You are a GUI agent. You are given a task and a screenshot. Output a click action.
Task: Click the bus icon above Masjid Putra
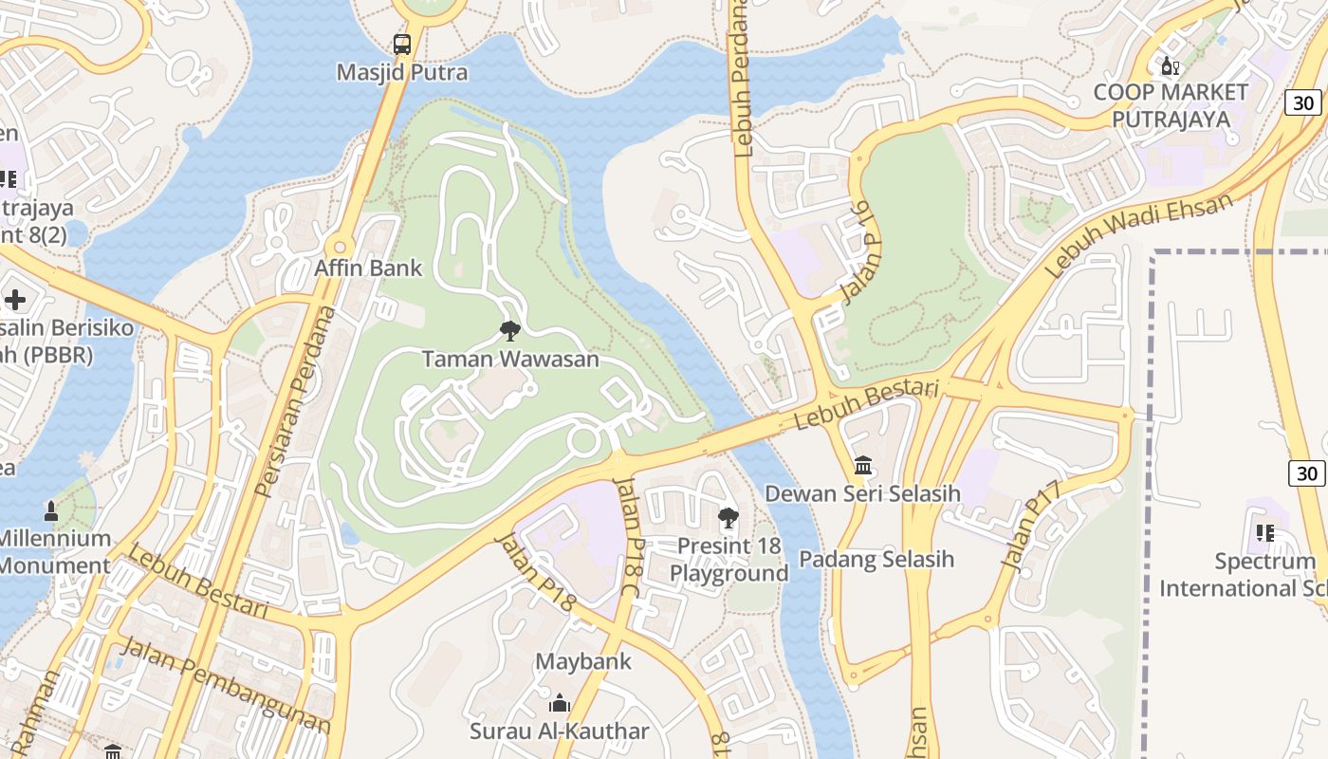(x=402, y=44)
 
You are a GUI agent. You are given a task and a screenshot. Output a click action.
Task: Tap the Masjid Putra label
(x=402, y=72)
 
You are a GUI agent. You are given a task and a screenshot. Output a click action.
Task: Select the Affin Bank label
(x=368, y=268)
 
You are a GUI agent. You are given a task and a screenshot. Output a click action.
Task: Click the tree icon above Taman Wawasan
(x=510, y=331)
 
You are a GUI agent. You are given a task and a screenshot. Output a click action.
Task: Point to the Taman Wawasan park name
(x=510, y=359)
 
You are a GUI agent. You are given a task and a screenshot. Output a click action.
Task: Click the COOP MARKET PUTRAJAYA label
(x=1171, y=105)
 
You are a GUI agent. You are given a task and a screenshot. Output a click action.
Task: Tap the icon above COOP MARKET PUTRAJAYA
(x=1171, y=66)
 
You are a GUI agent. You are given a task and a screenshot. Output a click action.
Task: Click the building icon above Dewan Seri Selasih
(x=863, y=466)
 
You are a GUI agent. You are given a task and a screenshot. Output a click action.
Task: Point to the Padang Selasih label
(x=876, y=559)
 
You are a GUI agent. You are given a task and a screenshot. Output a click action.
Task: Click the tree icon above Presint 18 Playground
(x=729, y=518)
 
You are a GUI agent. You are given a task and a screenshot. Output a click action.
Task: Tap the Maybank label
(x=583, y=661)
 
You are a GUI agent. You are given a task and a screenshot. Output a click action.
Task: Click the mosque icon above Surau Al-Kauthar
(x=560, y=703)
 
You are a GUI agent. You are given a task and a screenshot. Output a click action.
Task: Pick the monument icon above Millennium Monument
(x=51, y=510)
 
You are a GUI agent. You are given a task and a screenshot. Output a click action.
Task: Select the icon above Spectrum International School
(x=1265, y=533)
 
